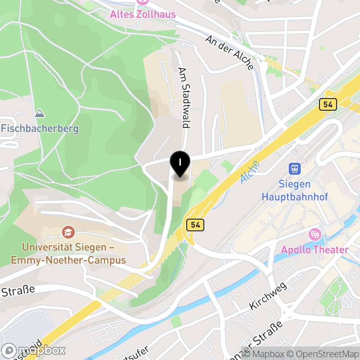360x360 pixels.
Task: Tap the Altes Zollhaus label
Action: point(143,14)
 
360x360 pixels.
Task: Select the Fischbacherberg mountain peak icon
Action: point(40,113)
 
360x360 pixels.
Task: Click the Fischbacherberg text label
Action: point(40,129)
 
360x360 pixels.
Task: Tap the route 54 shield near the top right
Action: point(328,104)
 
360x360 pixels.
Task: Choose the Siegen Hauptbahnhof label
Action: point(295,190)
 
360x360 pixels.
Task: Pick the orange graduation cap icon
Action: point(68,232)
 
